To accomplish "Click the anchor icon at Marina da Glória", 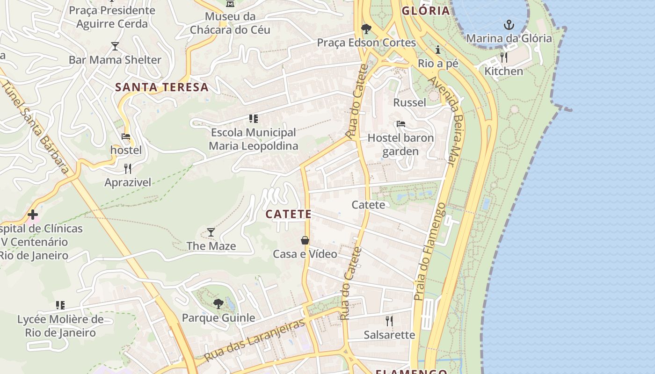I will click(x=509, y=25).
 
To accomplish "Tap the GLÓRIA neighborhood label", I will click(x=425, y=11).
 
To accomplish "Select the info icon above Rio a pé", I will click(x=438, y=50).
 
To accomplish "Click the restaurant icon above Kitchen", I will click(x=503, y=58).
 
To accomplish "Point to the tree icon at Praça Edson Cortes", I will click(x=366, y=29).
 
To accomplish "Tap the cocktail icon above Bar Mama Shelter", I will click(x=115, y=46).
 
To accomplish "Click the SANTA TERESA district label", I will click(x=162, y=87).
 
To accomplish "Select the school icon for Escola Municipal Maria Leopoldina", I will click(x=254, y=119).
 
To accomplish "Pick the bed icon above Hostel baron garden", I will click(x=401, y=124).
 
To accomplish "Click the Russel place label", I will click(x=410, y=102).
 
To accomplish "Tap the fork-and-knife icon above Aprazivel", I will click(x=128, y=168).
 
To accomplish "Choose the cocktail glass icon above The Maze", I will click(x=211, y=232).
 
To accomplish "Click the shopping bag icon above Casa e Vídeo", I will click(x=305, y=240).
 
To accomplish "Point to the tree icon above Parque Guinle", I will click(x=218, y=304).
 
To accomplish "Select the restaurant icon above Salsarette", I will click(x=389, y=321).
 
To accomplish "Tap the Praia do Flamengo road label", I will click(x=429, y=252).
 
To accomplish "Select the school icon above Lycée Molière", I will click(x=60, y=305).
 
